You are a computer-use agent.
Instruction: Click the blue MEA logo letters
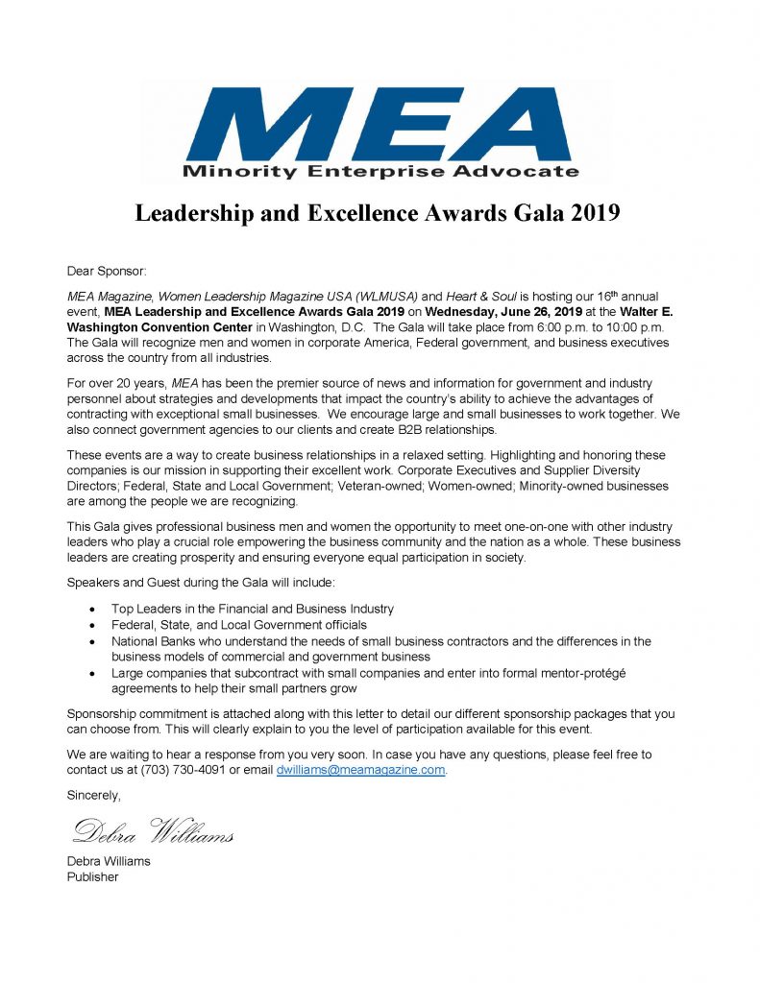[x=379, y=124]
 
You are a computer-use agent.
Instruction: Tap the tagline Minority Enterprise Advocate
[x=380, y=173]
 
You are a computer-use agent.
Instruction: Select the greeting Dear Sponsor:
[x=107, y=272]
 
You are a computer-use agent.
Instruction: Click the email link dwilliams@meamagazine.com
[x=360, y=770]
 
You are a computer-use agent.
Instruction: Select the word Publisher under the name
[x=93, y=876]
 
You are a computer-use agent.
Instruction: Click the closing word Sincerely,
[x=94, y=795]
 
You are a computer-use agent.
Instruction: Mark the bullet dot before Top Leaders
[x=91, y=610]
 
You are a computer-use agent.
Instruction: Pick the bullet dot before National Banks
[x=91, y=641]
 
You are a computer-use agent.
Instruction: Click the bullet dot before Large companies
[x=91, y=673]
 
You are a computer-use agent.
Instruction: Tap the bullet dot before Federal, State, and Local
[x=91, y=625]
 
